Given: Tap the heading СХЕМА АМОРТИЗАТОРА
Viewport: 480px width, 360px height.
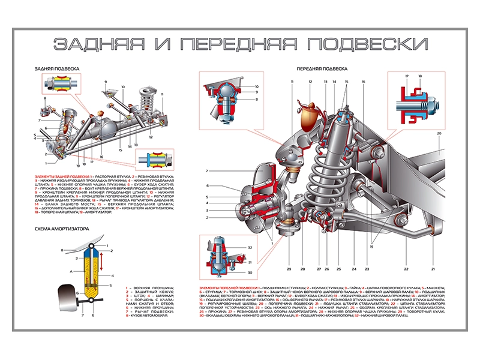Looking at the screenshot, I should pos(62,229).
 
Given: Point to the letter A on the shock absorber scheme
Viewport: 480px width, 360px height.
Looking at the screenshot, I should pos(71,271).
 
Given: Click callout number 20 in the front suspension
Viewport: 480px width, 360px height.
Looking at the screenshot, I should pos(439,133).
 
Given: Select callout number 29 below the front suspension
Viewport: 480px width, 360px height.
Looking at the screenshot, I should pos(289,269).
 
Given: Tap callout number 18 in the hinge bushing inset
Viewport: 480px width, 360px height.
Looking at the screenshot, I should pos(420,76).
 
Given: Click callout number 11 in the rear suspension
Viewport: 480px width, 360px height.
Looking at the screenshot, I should pos(162,95).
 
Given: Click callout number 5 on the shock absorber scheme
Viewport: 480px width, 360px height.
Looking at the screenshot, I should pos(112,286).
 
